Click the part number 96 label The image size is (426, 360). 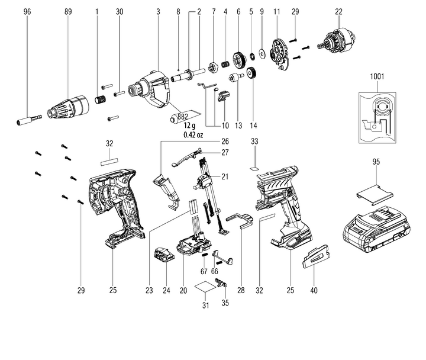coord(27,11)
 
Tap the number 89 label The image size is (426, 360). coord(69,11)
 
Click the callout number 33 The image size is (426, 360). coord(255,142)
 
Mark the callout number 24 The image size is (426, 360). coord(167,290)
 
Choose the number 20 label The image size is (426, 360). coord(183,290)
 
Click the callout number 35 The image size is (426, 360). coord(224,304)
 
